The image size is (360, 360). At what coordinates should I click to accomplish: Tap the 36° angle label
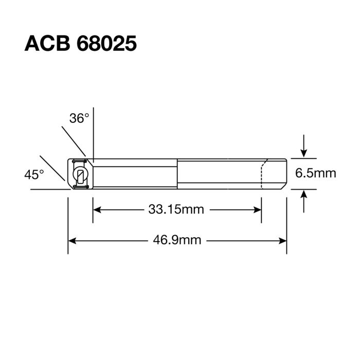click(79, 118)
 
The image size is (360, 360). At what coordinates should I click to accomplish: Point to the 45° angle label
click(34, 175)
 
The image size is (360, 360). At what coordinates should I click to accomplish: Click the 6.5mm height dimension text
click(315, 173)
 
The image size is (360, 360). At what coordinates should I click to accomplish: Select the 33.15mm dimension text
click(176, 209)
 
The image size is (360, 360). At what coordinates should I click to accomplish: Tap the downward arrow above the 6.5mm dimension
click(304, 151)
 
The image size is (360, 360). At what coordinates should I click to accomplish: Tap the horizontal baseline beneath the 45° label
click(49, 190)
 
